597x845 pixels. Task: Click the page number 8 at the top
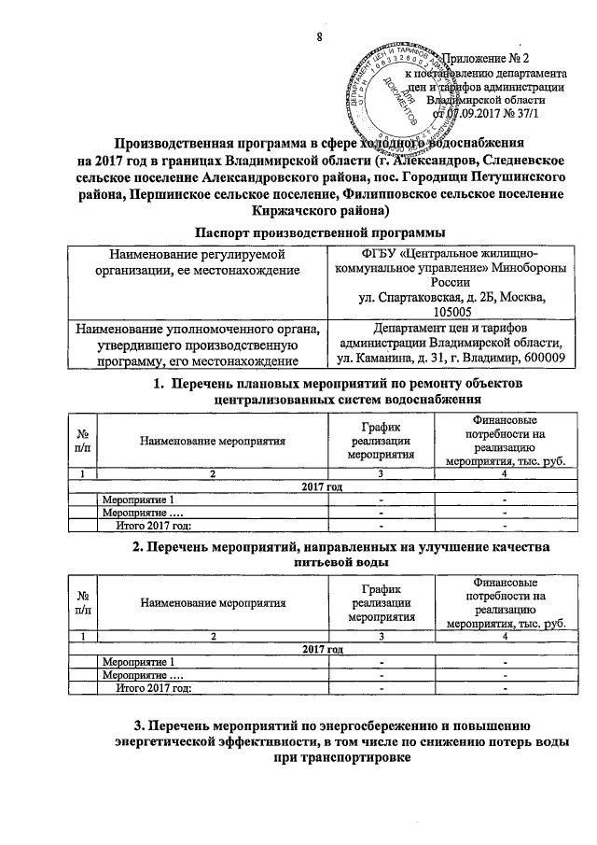pos(319,36)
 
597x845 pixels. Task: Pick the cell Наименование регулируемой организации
pos(206,261)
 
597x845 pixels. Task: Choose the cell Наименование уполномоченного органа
pos(206,343)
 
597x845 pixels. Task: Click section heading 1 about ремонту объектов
pos(337,392)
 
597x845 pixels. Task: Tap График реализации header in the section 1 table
pos(381,441)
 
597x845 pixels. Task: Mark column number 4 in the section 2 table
pos(504,636)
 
